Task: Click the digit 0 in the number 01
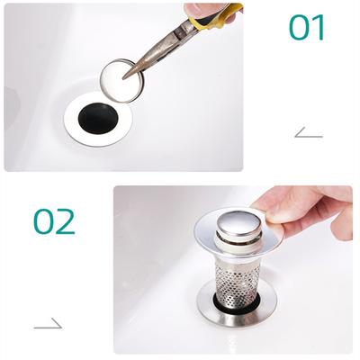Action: pos(300,27)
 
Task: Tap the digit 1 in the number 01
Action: pos(318,27)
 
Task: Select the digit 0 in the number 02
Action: pos(46,220)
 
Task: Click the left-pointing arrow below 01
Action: pos(308,133)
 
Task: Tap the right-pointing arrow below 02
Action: pos(48,323)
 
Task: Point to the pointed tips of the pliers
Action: pos(127,76)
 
